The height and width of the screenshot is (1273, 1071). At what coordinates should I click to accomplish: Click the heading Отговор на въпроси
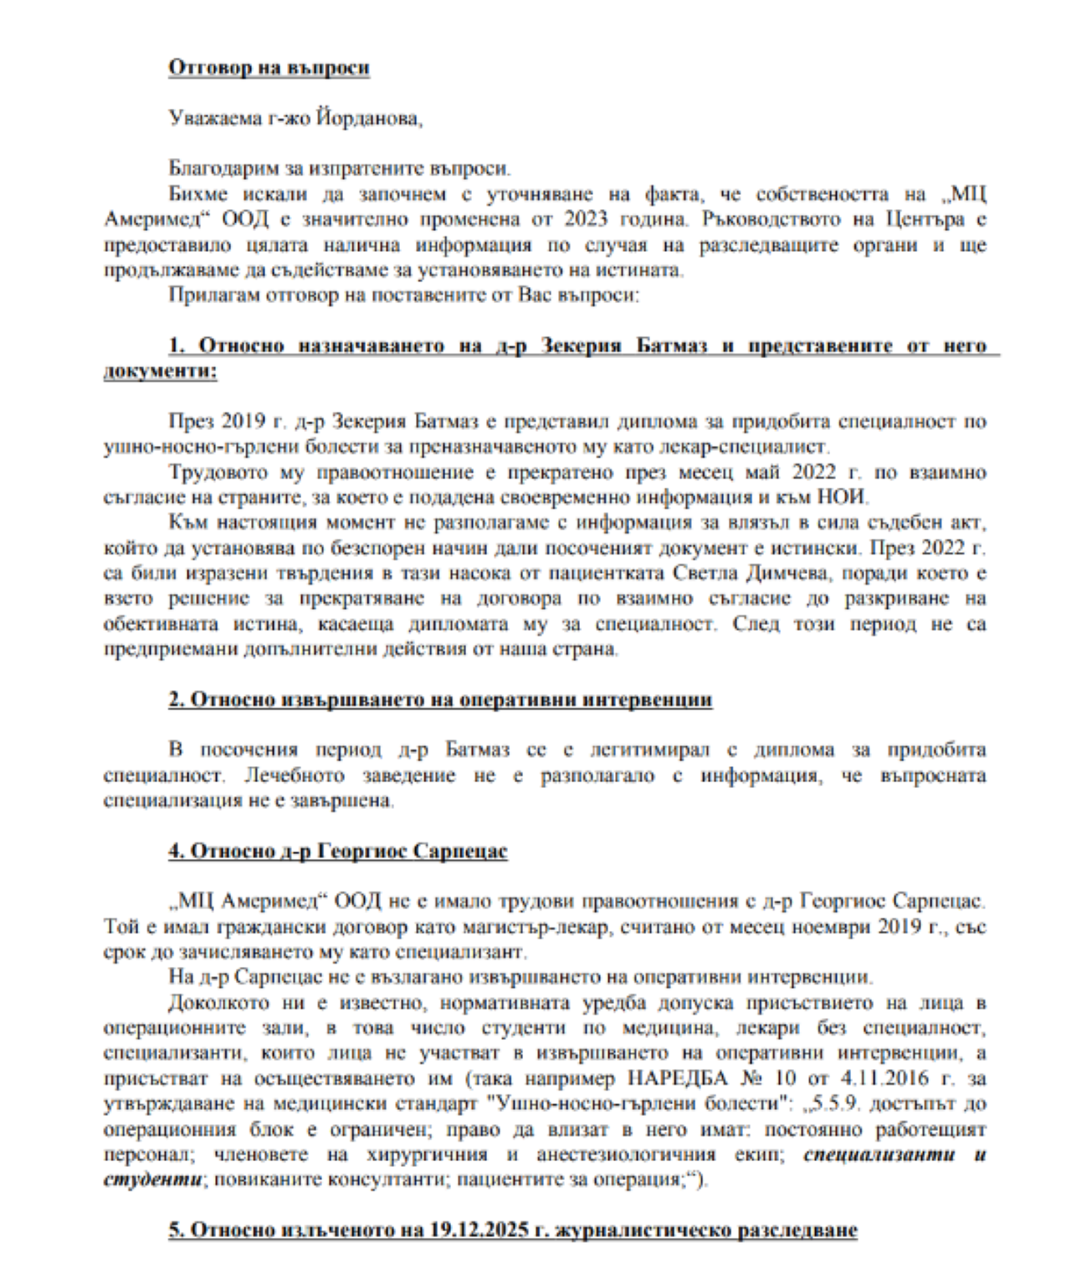[x=269, y=68]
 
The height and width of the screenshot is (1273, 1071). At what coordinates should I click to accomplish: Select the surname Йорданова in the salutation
[x=369, y=119]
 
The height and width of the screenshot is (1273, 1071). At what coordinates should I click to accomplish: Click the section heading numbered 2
[x=440, y=700]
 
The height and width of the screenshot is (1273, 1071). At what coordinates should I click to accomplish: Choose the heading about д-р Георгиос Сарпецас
[x=338, y=851]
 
